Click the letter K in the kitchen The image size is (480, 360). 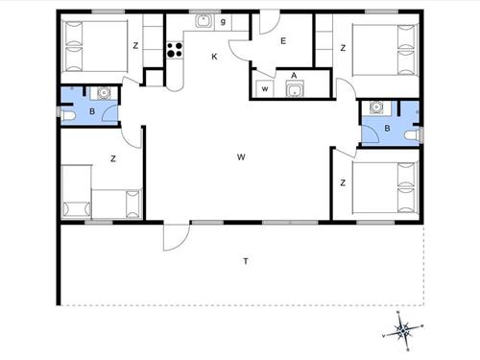coord(214,57)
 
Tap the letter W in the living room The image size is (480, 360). coord(241,157)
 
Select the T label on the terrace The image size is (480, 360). coord(246,261)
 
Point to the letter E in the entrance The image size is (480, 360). coord(283,41)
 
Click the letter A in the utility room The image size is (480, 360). coord(294,76)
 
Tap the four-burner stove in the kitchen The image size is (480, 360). coord(175,50)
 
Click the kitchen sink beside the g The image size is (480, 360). coord(204,21)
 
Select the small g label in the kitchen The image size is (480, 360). coord(223,21)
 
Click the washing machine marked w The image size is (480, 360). coord(265,88)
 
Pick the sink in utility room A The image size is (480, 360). coord(294,89)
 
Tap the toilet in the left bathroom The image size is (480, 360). coord(68,115)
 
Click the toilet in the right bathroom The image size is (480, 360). coord(412,135)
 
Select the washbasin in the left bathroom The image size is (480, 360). coord(104,93)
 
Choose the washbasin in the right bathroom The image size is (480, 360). coord(376,108)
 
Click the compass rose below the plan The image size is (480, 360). coord(402,331)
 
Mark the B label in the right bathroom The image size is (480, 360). coord(387,129)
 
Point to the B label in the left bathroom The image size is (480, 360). coord(92,111)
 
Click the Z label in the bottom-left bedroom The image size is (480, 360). coord(112,158)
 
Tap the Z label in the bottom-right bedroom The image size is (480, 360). coord(343,183)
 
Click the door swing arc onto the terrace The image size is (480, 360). coord(182,243)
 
